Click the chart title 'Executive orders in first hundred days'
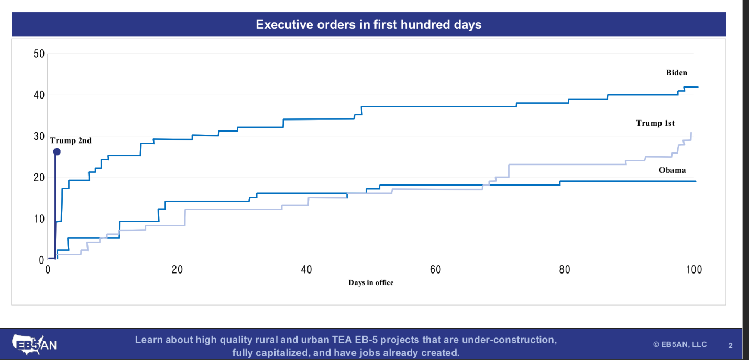click(368, 25)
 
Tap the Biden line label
click(676, 73)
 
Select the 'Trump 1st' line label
click(655, 123)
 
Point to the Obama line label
click(672, 170)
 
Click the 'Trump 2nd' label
click(71, 140)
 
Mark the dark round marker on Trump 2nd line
click(57, 151)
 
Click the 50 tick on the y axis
click(39, 54)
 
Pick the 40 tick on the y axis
click(39, 95)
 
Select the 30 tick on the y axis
click(39, 137)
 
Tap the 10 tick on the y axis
click(39, 219)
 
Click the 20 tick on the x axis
click(177, 270)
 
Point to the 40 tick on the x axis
click(306, 270)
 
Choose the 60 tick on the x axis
click(435, 270)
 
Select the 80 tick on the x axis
click(565, 270)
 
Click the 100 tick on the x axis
click(693, 270)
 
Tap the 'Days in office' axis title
click(371, 282)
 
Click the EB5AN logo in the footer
click(35, 344)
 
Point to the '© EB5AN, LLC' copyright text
click(680, 344)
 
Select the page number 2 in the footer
click(730, 345)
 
